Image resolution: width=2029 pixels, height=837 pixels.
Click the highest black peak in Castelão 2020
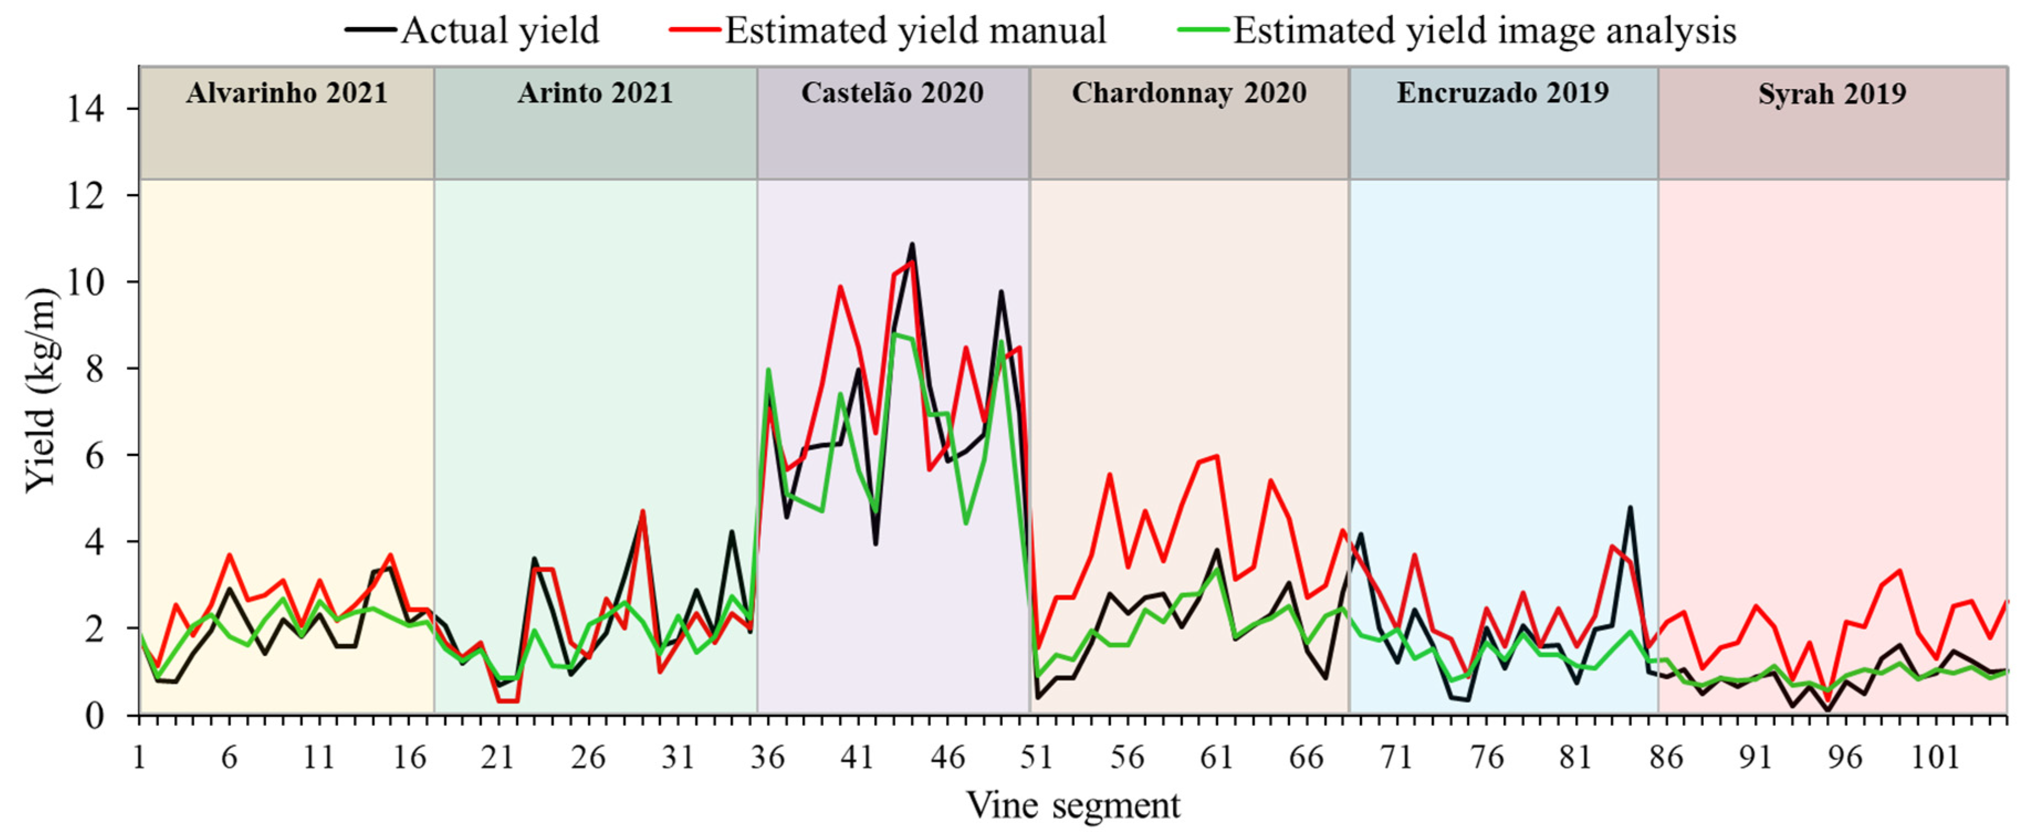[912, 245]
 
